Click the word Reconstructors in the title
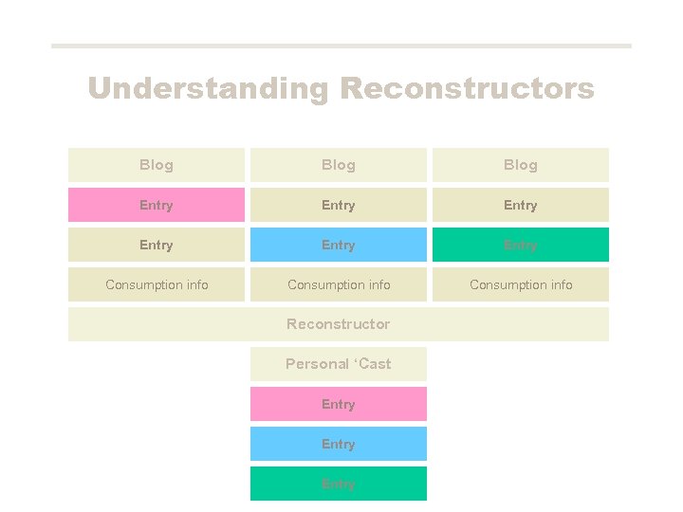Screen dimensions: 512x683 click(467, 89)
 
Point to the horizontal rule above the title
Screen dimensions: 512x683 click(341, 46)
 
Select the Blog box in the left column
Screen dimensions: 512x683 click(157, 165)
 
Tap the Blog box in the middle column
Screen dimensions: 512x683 click(339, 165)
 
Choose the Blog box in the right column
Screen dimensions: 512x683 click(521, 165)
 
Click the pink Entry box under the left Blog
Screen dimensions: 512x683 click(157, 205)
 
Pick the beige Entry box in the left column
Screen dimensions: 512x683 click(157, 245)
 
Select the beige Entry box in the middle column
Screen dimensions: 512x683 click(339, 205)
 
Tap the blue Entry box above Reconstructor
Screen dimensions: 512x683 click(339, 245)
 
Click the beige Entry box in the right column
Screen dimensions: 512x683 click(521, 205)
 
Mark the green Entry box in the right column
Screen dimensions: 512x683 click(521, 245)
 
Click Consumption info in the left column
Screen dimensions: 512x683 click(157, 284)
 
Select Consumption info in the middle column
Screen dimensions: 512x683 click(339, 284)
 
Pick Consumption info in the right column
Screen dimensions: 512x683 click(521, 284)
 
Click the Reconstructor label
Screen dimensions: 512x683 click(339, 324)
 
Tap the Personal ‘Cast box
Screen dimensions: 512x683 click(339, 364)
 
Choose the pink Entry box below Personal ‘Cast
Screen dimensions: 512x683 click(339, 404)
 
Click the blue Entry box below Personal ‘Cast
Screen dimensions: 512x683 click(339, 444)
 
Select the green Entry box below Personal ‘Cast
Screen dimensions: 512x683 click(339, 484)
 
